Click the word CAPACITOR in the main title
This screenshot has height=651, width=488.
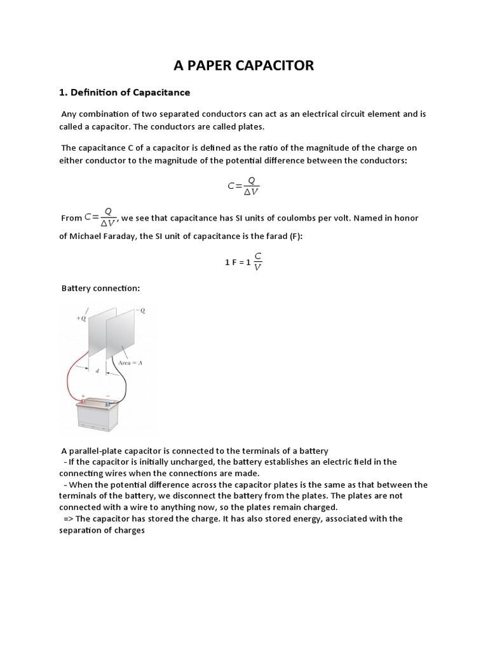click(x=274, y=65)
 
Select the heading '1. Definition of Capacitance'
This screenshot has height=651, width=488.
click(x=125, y=93)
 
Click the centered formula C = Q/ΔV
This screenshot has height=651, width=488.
click(x=243, y=186)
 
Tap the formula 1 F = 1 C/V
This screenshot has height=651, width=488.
click(x=243, y=261)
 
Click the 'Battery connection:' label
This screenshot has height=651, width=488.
click(x=100, y=289)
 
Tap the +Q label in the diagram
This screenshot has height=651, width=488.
click(x=81, y=319)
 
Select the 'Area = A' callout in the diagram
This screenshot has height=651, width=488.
click(x=129, y=363)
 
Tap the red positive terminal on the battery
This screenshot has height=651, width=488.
click(x=82, y=402)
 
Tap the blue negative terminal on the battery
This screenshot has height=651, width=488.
click(x=107, y=403)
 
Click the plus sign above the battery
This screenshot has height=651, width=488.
click(x=83, y=395)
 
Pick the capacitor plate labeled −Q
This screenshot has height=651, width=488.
click(x=121, y=334)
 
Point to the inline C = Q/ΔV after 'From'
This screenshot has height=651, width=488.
click(x=100, y=217)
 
